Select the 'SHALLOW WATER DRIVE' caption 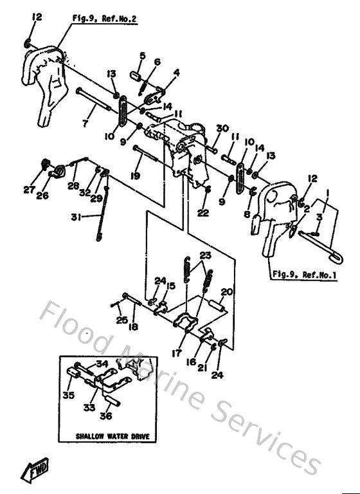click(113, 436)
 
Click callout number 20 click(225, 291)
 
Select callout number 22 click(203, 213)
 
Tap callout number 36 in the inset click(107, 415)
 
